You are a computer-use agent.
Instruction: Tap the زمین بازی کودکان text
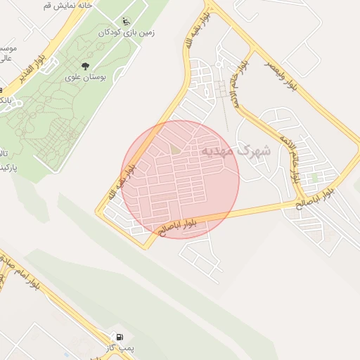coord(126,32)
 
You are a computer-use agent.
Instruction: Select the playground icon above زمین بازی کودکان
coord(126,21)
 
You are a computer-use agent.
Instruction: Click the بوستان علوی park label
coord(85,77)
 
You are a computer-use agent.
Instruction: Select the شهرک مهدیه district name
coord(236,150)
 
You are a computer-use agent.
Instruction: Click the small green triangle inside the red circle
coord(174,149)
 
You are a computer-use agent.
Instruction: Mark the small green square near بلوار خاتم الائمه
coord(315,178)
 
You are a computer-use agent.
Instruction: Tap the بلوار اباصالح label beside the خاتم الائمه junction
coord(322,196)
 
